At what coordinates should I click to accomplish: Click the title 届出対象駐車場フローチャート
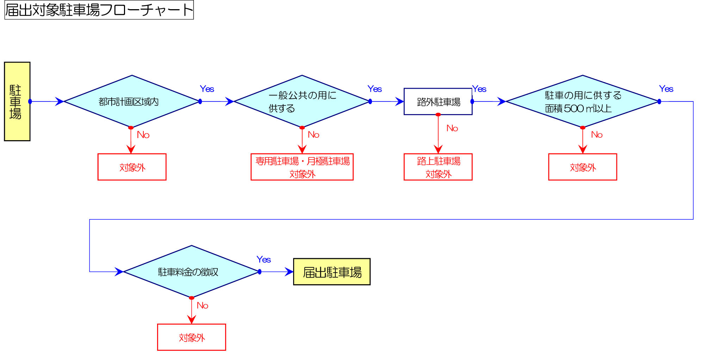coord(99,10)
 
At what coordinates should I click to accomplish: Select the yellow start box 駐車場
coord(17,101)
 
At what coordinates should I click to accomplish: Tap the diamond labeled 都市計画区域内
coord(132,101)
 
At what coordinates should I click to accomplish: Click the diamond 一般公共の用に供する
coord(302,101)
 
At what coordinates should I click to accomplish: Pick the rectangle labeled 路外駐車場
coord(438,101)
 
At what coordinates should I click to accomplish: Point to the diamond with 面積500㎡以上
coord(583,101)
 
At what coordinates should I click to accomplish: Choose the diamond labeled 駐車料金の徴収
coord(191,272)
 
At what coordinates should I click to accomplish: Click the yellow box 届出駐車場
coord(332,272)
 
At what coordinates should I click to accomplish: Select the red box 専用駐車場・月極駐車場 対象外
coord(302,167)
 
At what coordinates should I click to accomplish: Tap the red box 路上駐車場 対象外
coord(438,167)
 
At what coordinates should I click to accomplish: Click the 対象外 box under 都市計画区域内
coord(132,167)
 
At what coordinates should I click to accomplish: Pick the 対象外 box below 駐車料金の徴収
coord(191,337)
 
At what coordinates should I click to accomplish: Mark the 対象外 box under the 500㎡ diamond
coord(583,167)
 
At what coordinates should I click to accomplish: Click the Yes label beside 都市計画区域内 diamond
coord(207,89)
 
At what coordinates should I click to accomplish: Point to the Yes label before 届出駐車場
coord(263,260)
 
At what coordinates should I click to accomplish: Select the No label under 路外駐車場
coord(452,128)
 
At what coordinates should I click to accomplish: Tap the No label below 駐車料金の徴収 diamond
coord(202,305)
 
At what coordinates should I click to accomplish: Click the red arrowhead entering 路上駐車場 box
coord(438,149)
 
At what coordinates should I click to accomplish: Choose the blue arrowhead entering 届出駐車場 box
coord(289,272)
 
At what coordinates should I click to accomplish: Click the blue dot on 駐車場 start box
coord(30,101)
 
